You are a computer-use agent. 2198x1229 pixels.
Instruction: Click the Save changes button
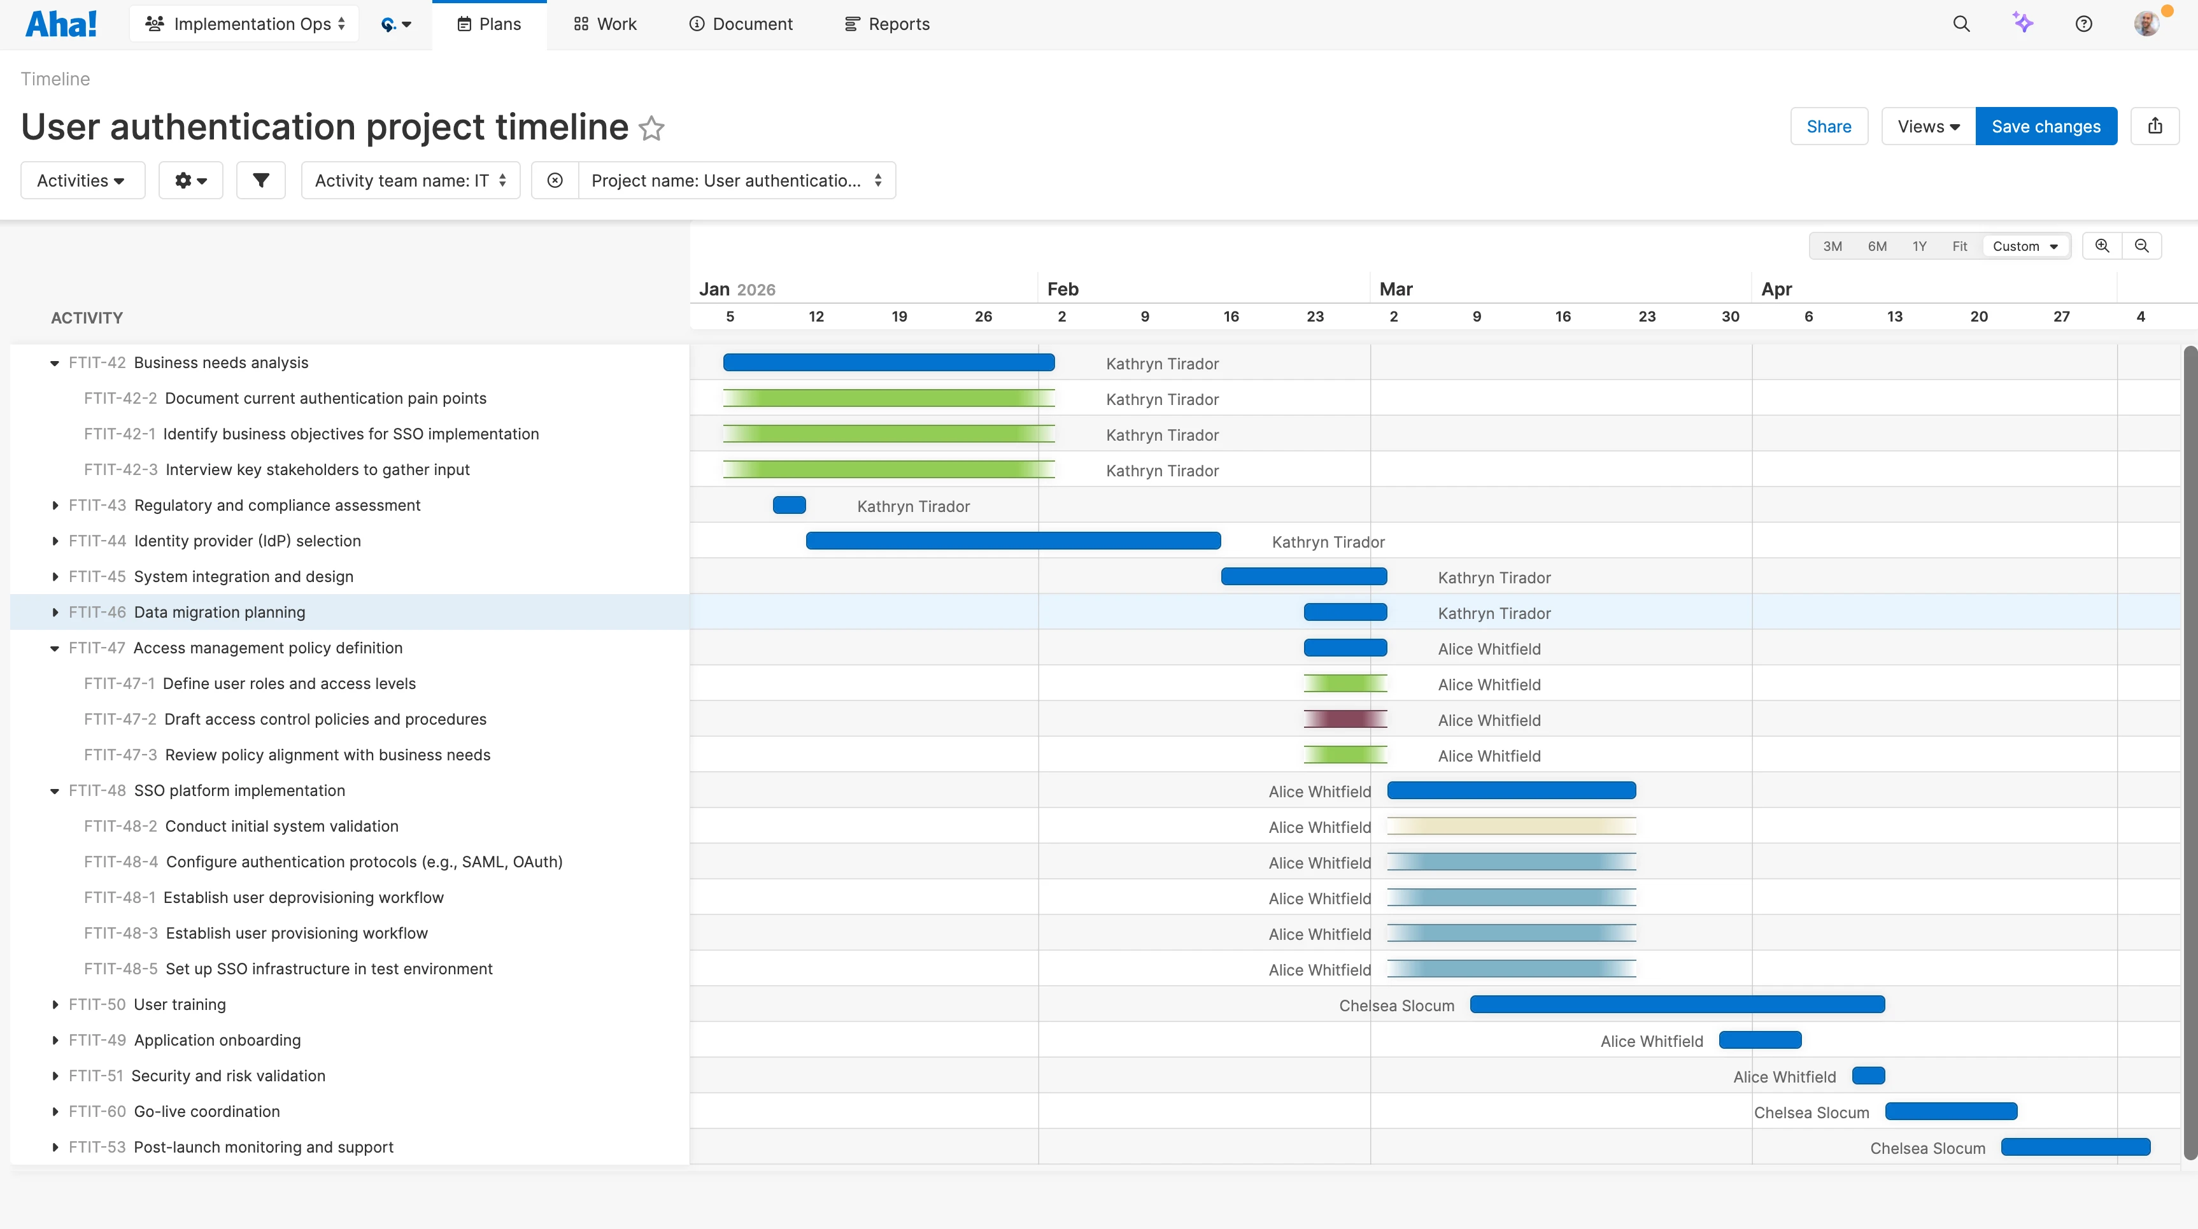coord(2045,126)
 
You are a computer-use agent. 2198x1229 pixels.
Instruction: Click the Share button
coord(1829,126)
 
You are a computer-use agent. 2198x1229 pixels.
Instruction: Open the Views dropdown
coord(1927,126)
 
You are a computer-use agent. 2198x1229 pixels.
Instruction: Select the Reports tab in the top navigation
coord(888,24)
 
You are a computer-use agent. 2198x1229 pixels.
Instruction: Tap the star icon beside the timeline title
coord(652,128)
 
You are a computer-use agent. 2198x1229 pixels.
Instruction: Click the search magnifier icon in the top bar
coord(1960,24)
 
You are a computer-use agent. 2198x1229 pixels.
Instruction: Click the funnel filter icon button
coord(260,180)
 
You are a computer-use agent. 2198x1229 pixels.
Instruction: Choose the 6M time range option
coord(1876,246)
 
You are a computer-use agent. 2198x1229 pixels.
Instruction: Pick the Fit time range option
coord(1959,246)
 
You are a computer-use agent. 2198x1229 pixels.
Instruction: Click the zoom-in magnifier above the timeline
coord(2102,246)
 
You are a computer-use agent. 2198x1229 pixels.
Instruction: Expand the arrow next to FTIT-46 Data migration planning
coord(55,612)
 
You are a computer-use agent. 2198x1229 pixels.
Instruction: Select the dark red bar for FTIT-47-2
coord(1345,719)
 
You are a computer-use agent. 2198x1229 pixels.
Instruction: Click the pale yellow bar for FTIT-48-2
coord(1510,826)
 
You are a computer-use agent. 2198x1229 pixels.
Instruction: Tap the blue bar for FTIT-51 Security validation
coord(1868,1076)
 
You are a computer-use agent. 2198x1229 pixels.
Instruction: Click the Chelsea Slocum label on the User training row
coord(1396,1005)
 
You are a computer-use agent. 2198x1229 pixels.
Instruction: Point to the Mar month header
coord(1396,289)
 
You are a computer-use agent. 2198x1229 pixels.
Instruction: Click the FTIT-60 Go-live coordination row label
coord(206,1111)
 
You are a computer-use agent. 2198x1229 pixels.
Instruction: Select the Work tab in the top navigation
coord(605,24)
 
